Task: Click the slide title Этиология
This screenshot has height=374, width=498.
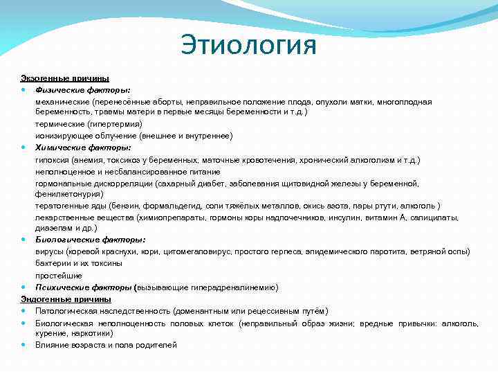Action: click(248, 46)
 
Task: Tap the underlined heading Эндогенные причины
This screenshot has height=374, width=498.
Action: click(65, 299)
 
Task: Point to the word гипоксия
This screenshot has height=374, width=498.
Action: click(53, 159)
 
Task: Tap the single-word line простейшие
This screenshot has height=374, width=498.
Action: click(57, 275)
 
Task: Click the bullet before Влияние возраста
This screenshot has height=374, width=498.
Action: click(24, 345)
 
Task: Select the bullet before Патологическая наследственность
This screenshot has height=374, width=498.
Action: click(24, 311)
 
